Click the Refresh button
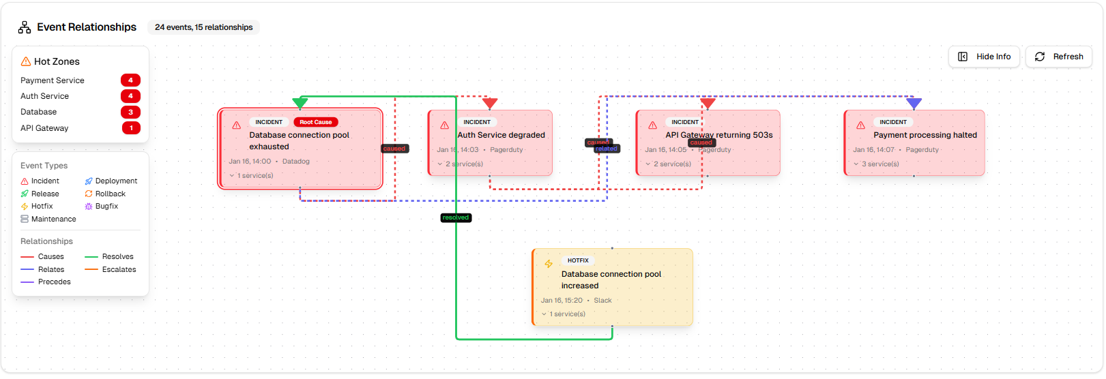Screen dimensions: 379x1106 tap(1059, 57)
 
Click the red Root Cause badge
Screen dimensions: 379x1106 tap(315, 122)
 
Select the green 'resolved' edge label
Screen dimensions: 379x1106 tap(456, 218)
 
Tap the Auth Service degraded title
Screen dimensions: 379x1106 tap(501, 135)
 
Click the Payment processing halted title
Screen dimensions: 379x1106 tap(925, 135)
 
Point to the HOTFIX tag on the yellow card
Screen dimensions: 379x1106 tap(578, 260)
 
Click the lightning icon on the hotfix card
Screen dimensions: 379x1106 tap(549, 264)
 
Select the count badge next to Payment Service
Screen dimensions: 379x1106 tap(130, 80)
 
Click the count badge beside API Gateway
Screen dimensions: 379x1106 tap(130, 128)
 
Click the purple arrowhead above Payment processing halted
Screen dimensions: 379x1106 tap(914, 103)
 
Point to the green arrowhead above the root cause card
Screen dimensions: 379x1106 tap(300, 103)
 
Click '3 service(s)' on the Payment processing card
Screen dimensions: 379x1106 tap(880, 164)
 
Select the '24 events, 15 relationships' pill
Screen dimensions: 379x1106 tap(203, 27)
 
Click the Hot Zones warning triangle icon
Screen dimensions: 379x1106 tap(26, 61)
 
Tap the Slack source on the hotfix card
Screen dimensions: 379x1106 tap(602, 300)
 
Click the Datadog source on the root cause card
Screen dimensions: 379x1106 tap(296, 162)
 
